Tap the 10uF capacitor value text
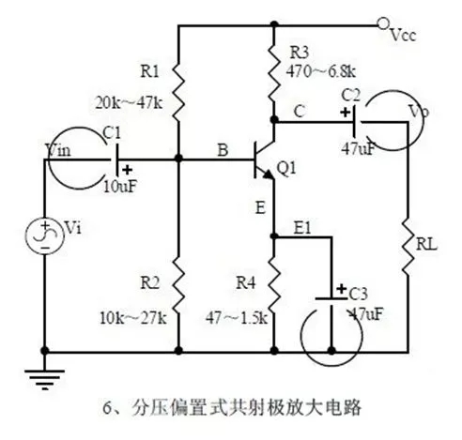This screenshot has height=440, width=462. (119, 185)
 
